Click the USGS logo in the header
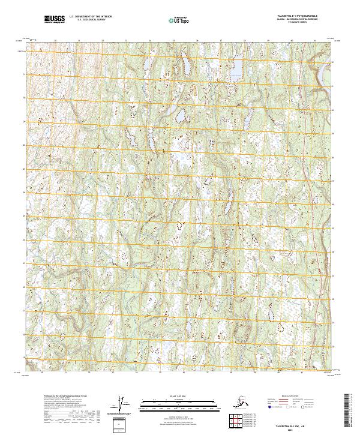pyautogui.click(x=55, y=20)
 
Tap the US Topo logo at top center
pyautogui.click(x=179, y=20)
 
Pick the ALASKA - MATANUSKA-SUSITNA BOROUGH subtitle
pyautogui.click(x=292, y=21)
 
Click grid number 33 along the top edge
pyautogui.click(x=127, y=41)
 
